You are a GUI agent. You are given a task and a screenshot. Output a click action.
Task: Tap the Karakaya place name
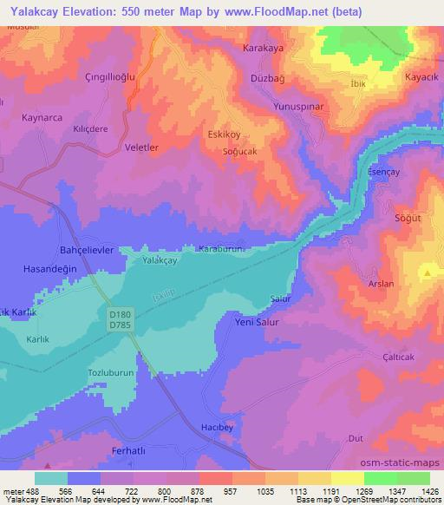(x=264, y=48)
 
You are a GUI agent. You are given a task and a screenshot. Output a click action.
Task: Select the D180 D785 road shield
(x=121, y=318)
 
